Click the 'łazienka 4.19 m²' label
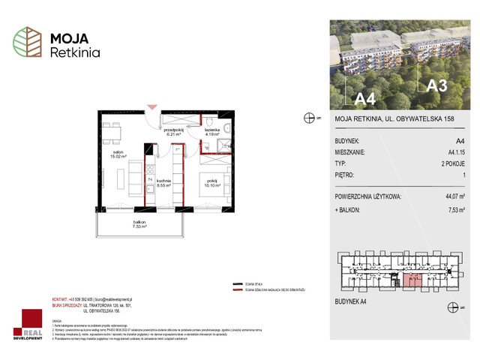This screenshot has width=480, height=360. [x=211, y=135]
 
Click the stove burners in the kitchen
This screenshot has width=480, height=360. [x=150, y=180]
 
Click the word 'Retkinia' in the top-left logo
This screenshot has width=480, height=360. [x=74, y=53]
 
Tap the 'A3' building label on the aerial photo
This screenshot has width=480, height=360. [x=436, y=85]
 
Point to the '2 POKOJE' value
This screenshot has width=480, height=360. [x=451, y=163]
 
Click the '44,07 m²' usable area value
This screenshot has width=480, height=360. [x=450, y=196]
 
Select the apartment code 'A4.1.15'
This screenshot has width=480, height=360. [x=454, y=151]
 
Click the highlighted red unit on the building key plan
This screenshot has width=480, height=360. [x=412, y=280]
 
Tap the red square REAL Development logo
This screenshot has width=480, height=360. [x=31, y=323]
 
